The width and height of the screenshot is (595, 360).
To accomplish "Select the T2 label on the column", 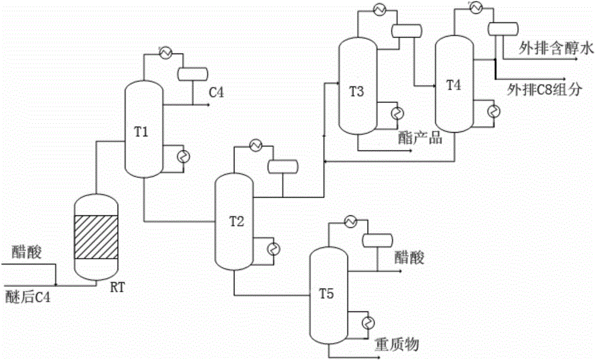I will (x=237, y=221).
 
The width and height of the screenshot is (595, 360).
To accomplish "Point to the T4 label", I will (x=453, y=85).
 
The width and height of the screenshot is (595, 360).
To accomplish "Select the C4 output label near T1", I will (x=215, y=92).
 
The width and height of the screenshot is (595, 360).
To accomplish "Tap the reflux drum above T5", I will (x=377, y=240).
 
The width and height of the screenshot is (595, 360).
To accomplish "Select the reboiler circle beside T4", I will (x=492, y=111).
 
